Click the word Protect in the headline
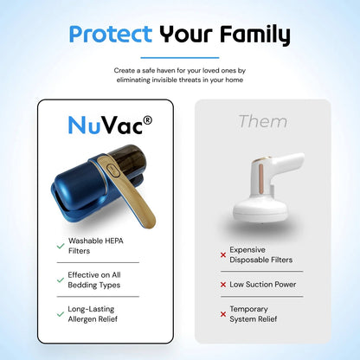[x=111, y=34]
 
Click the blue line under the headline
[x=180, y=58]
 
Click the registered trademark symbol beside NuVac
[x=147, y=120]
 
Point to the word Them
[x=263, y=121]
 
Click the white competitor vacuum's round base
[x=260, y=209]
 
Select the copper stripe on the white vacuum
[x=261, y=178]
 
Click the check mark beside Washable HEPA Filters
[x=61, y=246]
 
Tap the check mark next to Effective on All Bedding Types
[x=61, y=280]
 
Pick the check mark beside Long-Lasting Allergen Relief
[x=61, y=314]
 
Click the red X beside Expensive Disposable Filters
[x=223, y=255]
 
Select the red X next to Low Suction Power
[x=223, y=285]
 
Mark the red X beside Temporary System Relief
[x=223, y=314]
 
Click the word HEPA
[x=114, y=241]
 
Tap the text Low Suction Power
[x=263, y=285]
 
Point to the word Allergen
[x=81, y=319]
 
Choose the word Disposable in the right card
[x=249, y=260]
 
